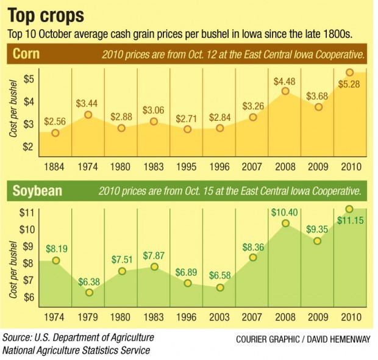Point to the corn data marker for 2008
285,92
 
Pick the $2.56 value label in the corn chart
55,121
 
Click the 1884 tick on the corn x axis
55,166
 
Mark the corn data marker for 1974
88,115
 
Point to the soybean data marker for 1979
88,292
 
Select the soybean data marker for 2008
285,223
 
